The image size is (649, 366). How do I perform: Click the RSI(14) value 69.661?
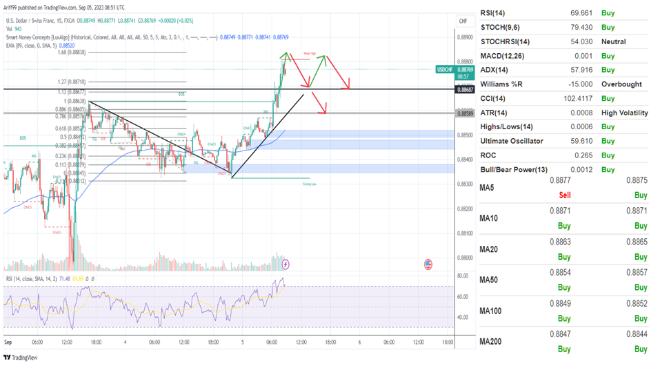568,12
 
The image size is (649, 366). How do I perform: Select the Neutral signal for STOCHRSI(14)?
613,41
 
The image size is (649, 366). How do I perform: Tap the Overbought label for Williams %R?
623,84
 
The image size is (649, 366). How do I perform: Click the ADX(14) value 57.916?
568,70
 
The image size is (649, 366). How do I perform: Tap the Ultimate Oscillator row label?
511,141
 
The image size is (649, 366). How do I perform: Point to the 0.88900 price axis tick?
466,37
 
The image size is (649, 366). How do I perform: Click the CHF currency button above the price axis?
463,21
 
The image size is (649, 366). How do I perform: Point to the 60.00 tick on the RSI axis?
463,296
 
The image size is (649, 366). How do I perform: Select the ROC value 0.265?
573,155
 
